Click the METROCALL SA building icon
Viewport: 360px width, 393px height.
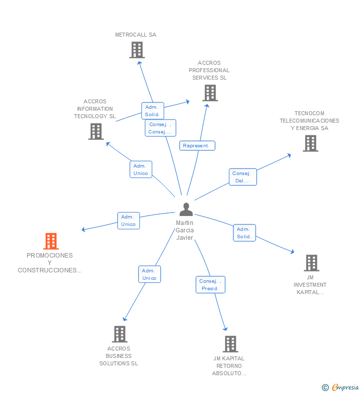coord(137,50)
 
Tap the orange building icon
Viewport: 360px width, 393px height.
coord(51,241)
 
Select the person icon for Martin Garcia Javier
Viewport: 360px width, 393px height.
coord(186,209)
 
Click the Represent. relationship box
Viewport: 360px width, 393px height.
coord(197,146)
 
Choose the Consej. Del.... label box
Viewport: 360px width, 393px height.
coord(243,177)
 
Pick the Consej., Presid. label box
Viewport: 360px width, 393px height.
coord(210,285)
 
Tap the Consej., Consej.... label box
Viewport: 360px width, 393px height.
coord(160,128)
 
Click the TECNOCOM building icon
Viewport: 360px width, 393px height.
coord(311,143)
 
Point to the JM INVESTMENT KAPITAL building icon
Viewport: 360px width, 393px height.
coord(312,263)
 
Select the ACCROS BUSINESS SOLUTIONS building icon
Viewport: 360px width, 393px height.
coord(120,334)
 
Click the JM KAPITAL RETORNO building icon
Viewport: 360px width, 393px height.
coord(230,344)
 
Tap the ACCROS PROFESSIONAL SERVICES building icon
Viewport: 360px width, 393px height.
coord(210,93)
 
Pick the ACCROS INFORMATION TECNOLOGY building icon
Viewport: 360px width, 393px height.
coord(96,131)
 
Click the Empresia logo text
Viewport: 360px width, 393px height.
coord(345,387)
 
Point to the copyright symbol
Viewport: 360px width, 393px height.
coord(325,388)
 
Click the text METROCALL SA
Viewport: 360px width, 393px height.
coord(135,35)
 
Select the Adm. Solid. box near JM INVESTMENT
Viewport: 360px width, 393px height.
coord(244,233)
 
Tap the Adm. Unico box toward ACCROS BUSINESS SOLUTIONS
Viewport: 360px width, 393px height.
coord(149,274)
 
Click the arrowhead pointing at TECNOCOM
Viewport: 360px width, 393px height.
coord(289,155)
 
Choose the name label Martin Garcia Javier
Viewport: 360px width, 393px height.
coord(185,230)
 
